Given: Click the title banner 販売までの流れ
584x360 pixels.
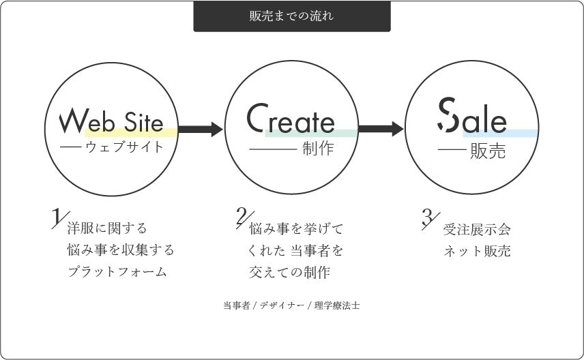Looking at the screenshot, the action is click(x=292, y=16).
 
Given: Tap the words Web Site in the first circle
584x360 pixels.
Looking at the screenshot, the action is click(x=111, y=121).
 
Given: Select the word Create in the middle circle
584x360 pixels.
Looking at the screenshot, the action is click(x=291, y=118).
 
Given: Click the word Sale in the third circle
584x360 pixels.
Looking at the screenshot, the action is click(x=472, y=115).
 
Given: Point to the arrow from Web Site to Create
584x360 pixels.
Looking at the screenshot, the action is click(x=201, y=129).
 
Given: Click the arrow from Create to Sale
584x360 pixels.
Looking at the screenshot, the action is click(x=381, y=129).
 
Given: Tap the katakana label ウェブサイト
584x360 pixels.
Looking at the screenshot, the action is click(x=124, y=147).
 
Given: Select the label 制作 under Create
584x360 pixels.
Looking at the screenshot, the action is click(x=318, y=149).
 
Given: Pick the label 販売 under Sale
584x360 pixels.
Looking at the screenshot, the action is click(x=488, y=151).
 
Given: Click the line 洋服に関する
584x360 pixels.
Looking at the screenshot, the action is click(x=107, y=228).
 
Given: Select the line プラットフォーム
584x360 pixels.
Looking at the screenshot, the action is click(x=117, y=272).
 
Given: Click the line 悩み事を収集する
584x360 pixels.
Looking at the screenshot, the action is click(x=121, y=250).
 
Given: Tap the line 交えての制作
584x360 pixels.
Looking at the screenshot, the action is click(x=290, y=273).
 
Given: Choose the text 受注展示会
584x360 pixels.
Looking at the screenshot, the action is click(x=477, y=229).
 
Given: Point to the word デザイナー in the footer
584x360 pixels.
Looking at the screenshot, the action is click(x=282, y=305).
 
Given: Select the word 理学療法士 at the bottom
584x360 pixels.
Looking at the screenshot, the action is click(x=337, y=305).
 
